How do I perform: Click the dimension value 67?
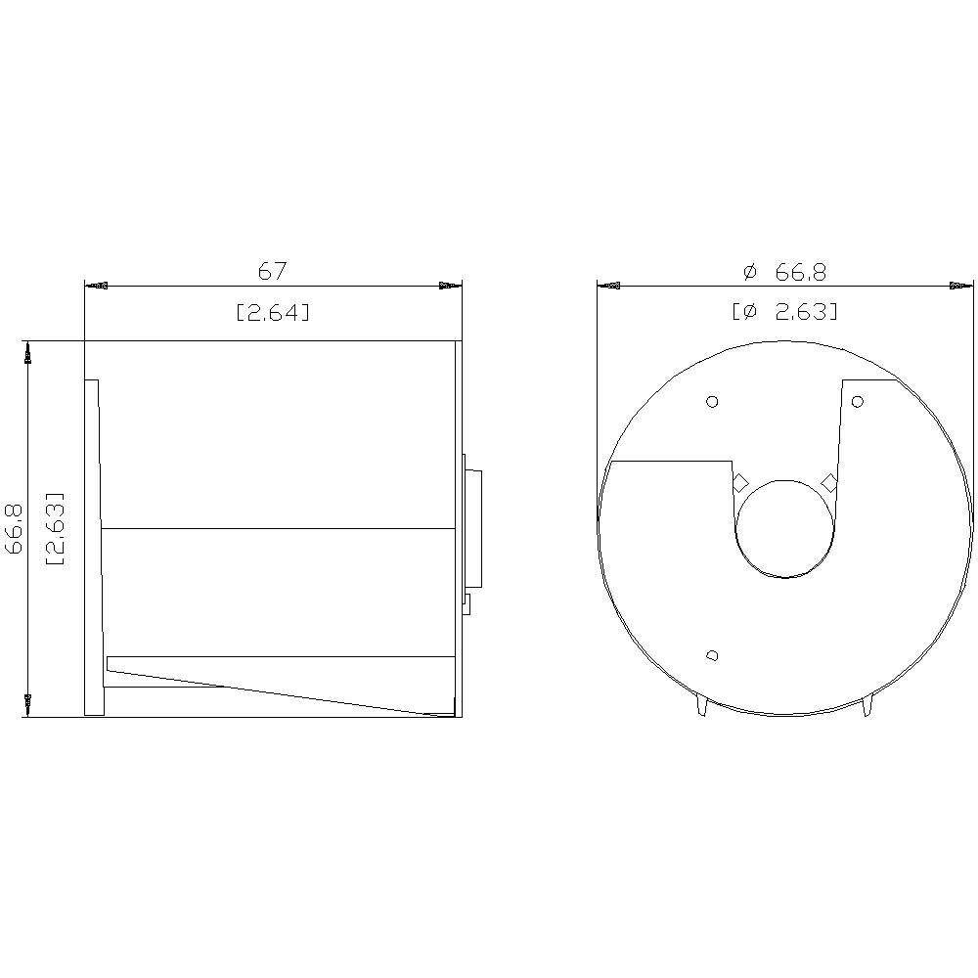coord(272,270)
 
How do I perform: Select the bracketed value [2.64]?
coord(273,312)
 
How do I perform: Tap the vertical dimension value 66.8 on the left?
coord(15,529)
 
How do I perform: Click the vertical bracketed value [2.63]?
coord(56,529)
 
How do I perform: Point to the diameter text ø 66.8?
coord(784,272)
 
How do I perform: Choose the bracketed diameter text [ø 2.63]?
coord(784,312)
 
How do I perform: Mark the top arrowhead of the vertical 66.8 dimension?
coord(28,352)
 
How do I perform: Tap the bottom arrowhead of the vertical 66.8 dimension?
coord(28,703)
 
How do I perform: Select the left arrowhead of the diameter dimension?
coord(608,287)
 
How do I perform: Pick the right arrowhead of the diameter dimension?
coord(961,287)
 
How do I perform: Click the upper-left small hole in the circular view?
coord(712,401)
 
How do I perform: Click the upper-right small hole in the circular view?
coord(858,401)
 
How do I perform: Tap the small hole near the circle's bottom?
coord(712,655)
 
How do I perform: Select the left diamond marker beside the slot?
coord(741,482)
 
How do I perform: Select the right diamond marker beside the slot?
coord(829,482)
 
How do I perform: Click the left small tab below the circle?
coord(701,706)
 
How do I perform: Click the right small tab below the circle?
coord(867,706)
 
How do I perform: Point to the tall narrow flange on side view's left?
coord(93,548)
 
